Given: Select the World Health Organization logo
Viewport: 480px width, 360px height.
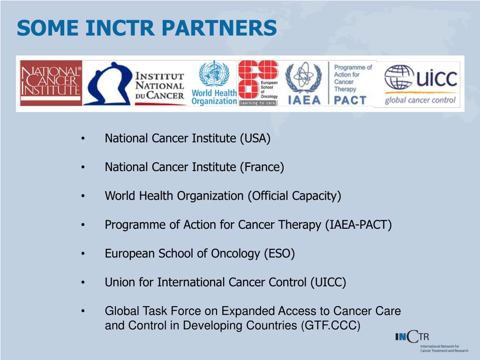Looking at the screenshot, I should (x=214, y=83).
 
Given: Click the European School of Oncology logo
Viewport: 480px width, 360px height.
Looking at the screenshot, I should (x=258, y=83).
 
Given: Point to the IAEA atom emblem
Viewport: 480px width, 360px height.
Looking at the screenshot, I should (x=303, y=78).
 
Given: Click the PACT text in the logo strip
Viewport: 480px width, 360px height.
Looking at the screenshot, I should (x=350, y=100).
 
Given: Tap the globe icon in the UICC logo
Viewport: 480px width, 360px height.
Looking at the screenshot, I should (x=399, y=77).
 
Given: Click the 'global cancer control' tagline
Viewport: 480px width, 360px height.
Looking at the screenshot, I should (x=420, y=100).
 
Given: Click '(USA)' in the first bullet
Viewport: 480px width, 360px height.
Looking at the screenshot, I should (x=255, y=139).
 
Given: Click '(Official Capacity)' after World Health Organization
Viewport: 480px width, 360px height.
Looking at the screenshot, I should (x=294, y=196).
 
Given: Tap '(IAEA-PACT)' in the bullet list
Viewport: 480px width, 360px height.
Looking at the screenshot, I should (x=358, y=225).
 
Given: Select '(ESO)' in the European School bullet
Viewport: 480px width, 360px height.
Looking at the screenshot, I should (x=279, y=254).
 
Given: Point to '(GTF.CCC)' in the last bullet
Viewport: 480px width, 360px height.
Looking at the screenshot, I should (x=330, y=325).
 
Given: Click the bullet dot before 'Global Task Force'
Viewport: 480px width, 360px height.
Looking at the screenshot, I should (x=82, y=311).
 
